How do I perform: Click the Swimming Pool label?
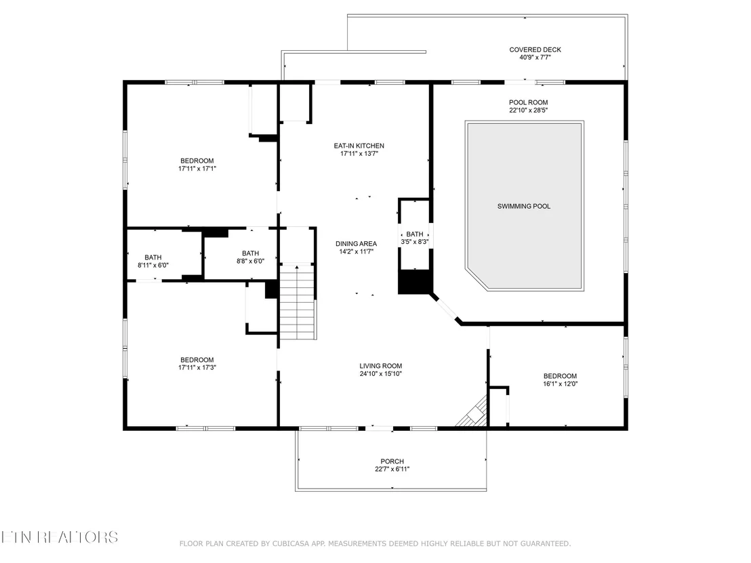click(523, 207)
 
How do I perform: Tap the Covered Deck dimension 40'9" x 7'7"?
click(535, 58)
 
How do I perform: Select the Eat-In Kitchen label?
click(359, 146)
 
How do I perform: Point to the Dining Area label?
click(356, 244)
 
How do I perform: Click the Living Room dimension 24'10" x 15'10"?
click(380, 373)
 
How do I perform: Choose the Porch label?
click(392, 461)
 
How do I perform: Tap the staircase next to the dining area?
click(298, 301)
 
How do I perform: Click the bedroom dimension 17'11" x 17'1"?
click(197, 169)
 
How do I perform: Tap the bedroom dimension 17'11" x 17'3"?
click(197, 368)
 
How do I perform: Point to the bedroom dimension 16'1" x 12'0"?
click(560, 383)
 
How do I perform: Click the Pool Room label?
click(528, 102)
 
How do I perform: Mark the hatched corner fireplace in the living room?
click(472, 412)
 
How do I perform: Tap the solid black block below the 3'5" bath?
click(415, 282)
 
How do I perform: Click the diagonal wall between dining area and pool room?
click(446, 308)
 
